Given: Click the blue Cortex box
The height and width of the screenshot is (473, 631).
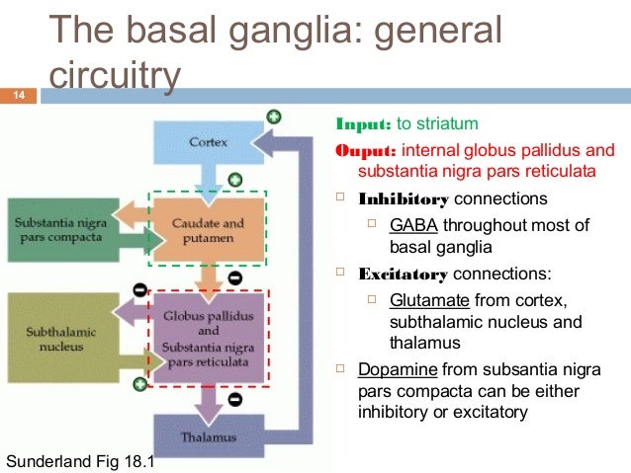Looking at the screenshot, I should click(208, 142).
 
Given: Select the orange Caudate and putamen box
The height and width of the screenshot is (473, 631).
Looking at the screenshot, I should click(208, 231).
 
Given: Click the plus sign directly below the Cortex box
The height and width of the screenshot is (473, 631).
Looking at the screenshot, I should click(234, 180).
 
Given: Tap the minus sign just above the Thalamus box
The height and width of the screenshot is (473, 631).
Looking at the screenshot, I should click(234, 401).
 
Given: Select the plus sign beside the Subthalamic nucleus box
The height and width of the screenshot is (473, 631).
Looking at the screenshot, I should click(139, 384).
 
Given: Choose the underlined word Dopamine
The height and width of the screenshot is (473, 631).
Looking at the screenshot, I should click(398, 370).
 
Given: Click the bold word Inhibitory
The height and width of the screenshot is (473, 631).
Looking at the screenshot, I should click(404, 197).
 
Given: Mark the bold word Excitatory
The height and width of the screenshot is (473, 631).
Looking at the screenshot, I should click(404, 274).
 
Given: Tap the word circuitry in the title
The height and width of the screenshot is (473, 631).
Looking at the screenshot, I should click(116, 77).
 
